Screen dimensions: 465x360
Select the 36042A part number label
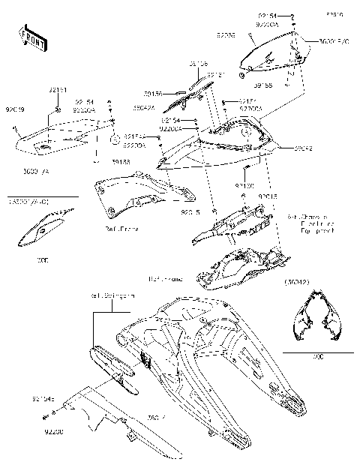click(x=144, y=106)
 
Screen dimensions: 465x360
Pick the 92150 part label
click(x=245, y=184)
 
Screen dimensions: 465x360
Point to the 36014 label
click(x=156, y=417)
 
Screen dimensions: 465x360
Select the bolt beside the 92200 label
click(x=45, y=416)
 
